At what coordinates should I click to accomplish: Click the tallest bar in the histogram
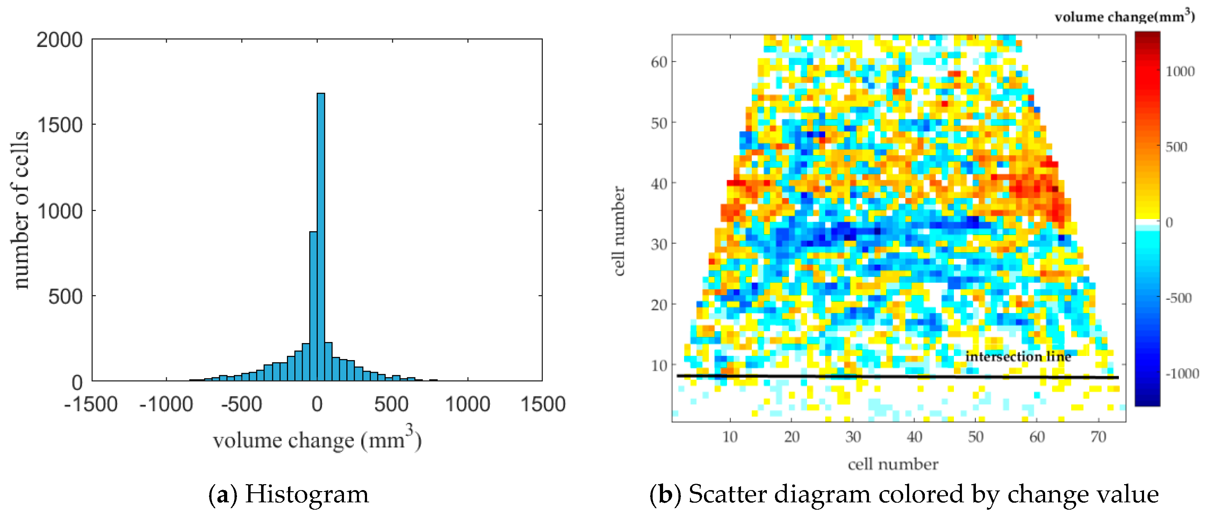pyautogui.click(x=321, y=237)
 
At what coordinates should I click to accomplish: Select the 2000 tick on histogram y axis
pyautogui.click(x=59, y=40)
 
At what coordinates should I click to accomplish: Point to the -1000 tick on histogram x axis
pyautogui.click(x=166, y=404)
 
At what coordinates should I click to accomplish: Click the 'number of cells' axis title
pyautogui.click(x=20, y=210)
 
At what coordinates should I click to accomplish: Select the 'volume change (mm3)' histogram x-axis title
pyautogui.click(x=317, y=439)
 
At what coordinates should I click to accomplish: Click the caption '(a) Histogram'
pyautogui.click(x=288, y=495)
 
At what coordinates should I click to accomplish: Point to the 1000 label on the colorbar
pyautogui.click(x=1180, y=72)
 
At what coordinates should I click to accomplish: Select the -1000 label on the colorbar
pyautogui.click(x=1182, y=373)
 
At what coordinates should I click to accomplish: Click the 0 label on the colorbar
pyautogui.click(x=1169, y=223)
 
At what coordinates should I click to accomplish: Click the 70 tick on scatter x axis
pyautogui.click(x=1098, y=437)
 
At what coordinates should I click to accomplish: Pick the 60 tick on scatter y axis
pyautogui.click(x=659, y=62)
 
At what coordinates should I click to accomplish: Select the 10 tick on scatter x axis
pyautogui.click(x=730, y=437)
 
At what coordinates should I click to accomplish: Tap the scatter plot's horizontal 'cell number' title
pyautogui.click(x=893, y=464)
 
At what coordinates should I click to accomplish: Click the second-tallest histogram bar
pyautogui.click(x=313, y=306)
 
